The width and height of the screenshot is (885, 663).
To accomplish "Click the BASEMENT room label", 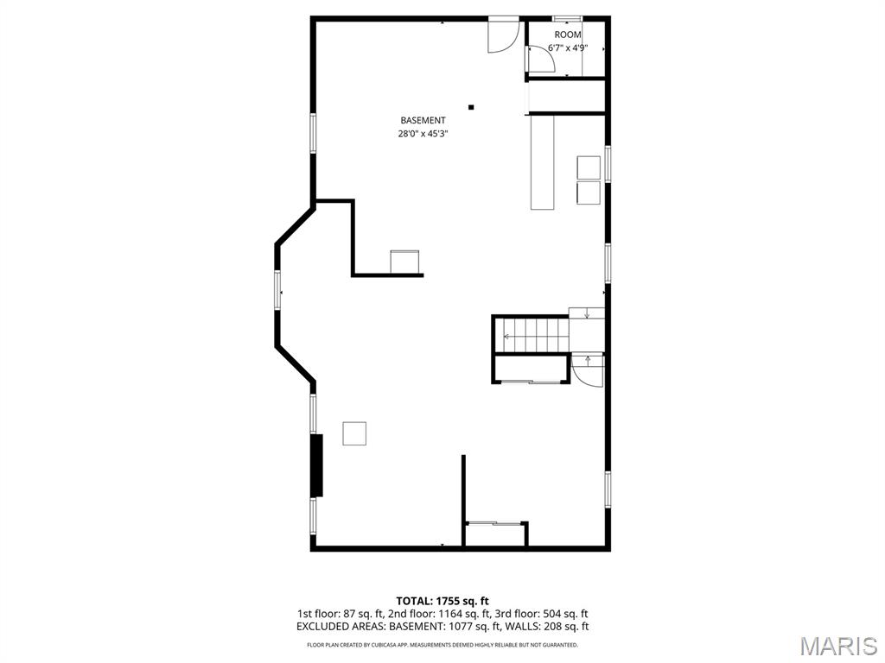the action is click(x=423, y=120).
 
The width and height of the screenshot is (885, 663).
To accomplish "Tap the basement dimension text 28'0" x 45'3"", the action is click(x=423, y=134).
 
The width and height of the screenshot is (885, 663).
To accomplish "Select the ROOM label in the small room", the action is click(x=567, y=35).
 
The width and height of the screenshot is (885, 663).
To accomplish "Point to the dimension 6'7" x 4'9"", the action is click(x=568, y=48).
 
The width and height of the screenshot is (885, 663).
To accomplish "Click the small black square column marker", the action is click(x=471, y=107).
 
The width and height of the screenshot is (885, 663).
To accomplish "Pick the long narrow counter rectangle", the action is click(x=543, y=162).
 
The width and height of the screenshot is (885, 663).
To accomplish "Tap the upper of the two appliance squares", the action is click(x=589, y=167).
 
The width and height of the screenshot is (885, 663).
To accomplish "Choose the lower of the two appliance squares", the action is click(x=589, y=193).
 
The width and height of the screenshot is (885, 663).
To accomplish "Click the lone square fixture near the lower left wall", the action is click(x=353, y=433).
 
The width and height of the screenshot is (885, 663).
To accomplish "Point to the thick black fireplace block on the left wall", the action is click(x=317, y=465).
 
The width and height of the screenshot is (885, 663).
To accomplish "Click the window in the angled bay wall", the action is click(x=277, y=290).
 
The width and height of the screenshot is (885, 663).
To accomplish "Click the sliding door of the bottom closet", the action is click(x=495, y=524).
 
